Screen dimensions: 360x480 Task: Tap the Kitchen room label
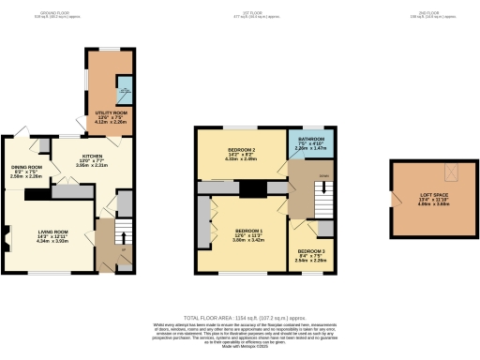coord(91,158)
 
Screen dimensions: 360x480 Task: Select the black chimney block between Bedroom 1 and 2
coord(250,188)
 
